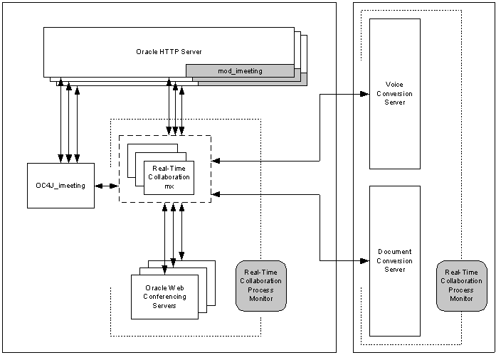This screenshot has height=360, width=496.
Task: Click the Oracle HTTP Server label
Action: (x=169, y=51)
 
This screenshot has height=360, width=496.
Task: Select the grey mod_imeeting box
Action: (x=240, y=70)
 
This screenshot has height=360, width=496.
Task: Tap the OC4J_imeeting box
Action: (x=60, y=186)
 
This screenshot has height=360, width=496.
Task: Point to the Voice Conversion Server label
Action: (x=394, y=93)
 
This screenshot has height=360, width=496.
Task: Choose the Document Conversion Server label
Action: (x=394, y=260)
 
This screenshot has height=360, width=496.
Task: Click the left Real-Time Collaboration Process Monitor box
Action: (x=260, y=286)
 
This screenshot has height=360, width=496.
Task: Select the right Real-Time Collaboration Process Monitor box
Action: (x=461, y=285)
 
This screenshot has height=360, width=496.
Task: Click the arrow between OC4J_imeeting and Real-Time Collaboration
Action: (x=107, y=186)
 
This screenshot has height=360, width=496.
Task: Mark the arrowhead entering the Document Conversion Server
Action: (x=366, y=260)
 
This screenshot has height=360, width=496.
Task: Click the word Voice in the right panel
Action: (x=394, y=85)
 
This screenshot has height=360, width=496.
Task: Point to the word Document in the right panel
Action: (x=394, y=252)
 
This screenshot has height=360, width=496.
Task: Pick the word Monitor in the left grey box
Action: (x=260, y=299)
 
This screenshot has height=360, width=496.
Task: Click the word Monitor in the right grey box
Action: (x=461, y=298)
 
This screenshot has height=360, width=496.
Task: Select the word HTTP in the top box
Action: (x=169, y=51)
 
